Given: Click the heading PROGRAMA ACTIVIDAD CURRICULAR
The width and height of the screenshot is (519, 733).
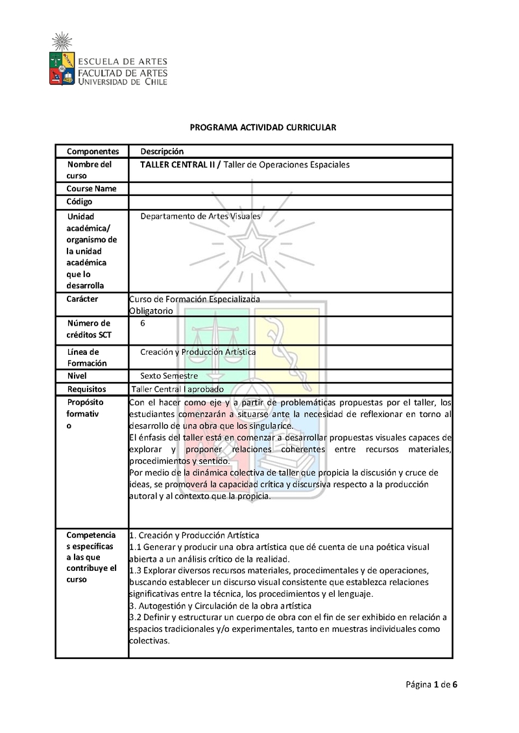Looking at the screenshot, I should [263, 128].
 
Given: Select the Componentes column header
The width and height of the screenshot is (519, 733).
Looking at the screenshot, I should [93, 151].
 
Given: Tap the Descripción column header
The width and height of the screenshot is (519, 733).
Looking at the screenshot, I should [162, 151].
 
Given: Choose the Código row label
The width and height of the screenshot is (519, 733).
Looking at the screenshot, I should [79, 202].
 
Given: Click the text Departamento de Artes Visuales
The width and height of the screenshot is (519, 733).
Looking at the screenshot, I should [200, 215].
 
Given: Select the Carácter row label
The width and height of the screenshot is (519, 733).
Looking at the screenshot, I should [82, 299].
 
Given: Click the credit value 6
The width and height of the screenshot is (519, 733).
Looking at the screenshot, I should [143, 323].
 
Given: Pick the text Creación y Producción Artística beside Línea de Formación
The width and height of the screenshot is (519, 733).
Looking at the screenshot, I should [198, 352].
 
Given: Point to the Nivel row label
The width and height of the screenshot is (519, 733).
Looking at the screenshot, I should [77, 376].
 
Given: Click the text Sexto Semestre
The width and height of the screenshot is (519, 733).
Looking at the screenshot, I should [169, 376].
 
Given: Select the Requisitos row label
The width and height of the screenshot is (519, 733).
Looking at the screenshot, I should [86, 389].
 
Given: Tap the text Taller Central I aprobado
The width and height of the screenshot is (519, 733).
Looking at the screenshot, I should [177, 389].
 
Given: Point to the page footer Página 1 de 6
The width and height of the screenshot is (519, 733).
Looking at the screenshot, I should [432, 684].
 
